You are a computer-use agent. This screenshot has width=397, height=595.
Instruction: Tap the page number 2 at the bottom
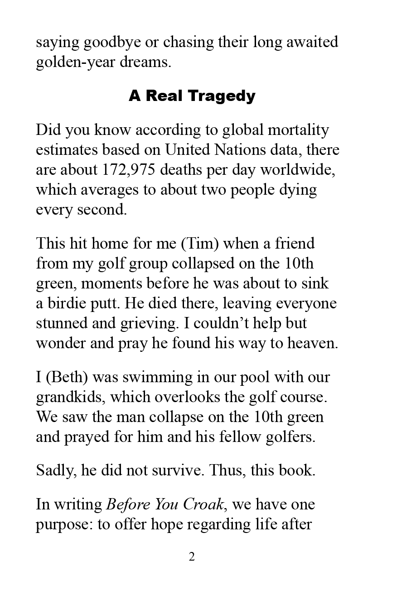192,557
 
